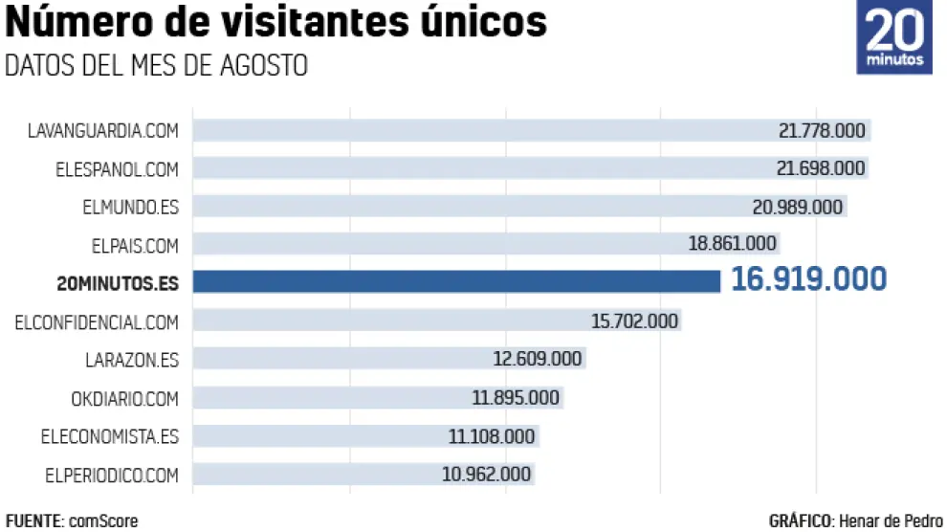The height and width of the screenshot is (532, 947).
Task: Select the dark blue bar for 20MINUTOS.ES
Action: [x=456, y=280]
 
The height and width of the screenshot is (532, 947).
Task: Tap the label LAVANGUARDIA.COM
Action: [x=103, y=131]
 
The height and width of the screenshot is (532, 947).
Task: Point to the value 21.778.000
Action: [x=822, y=131]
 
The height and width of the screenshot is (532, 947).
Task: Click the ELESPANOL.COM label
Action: [x=117, y=169]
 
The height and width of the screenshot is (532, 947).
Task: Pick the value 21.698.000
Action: [x=822, y=169]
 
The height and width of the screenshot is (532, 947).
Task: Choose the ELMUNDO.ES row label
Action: [x=130, y=208]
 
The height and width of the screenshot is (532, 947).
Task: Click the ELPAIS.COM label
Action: [x=135, y=246]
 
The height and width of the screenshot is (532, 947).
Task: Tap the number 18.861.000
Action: [x=732, y=244]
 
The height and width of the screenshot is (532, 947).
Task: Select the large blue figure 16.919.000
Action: [x=808, y=279]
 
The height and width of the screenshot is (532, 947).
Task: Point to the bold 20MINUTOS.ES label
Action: [x=118, y=282]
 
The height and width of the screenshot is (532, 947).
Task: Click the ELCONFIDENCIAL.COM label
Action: [x=97, y=322]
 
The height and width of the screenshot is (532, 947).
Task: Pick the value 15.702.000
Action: [x=634, y=321]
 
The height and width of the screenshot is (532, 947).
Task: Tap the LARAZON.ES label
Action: [x=132, y=361]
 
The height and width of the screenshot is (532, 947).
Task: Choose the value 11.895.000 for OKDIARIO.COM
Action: [x=516, y=398]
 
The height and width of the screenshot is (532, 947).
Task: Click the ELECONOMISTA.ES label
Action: [x=110, y=437]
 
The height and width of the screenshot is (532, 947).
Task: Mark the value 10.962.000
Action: [x=486, y=475]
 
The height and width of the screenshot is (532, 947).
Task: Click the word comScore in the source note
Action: [x=103, y=521]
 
